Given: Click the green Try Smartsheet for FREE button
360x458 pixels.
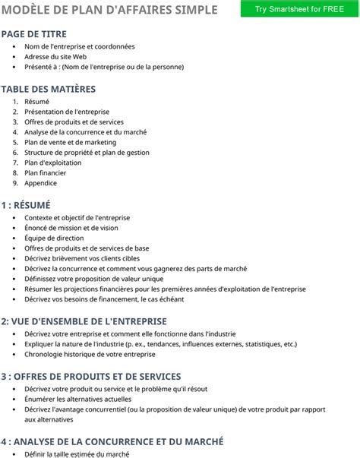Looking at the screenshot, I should pyautogui.click(x=298, y=8).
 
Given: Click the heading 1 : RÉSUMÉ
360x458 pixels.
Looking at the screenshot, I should pyautogui.click(x=26, y=204).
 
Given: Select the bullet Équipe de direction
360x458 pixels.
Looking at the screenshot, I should pyautogui.click(x=55, y=238).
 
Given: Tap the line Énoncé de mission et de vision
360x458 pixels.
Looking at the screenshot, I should pyautogui.click(x=71, y=228).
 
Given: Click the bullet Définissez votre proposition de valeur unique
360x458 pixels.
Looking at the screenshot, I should pyautogui.click(x=93, y=279).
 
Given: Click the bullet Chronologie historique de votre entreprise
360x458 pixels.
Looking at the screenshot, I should pyautogui.click(x=90, y=354).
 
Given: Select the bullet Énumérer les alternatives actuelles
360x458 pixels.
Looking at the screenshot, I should pyautogui.click(x=77, y=399).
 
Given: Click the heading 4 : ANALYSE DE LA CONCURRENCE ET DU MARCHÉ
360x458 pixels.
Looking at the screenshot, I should pyautogui.click(x=112, y=441).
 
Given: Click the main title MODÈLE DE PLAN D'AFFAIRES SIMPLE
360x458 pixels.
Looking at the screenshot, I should pyautogui.click(x=110, y=9).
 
